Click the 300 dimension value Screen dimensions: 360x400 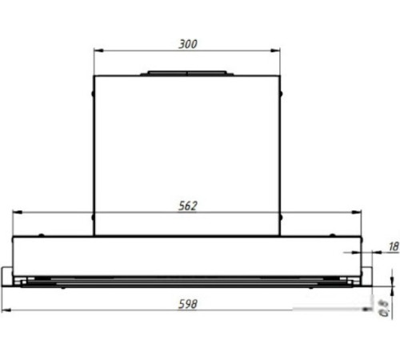(x=187, y=43)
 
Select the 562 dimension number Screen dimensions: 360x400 (x=187, y=206)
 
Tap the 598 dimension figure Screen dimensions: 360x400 (x=187, y=305)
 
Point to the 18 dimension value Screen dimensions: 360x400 (x=393, y=248)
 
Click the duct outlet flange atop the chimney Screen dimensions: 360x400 (x=187, y=74)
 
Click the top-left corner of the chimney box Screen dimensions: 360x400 (x=94, y=76)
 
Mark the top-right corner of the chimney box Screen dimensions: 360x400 (x=280, y=76)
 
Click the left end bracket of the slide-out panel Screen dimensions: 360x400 (x=10, y=277)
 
